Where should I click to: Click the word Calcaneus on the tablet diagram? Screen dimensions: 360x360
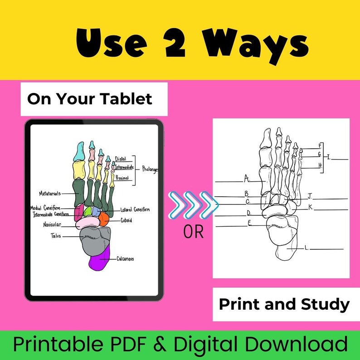125,259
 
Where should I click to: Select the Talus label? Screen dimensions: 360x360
56,236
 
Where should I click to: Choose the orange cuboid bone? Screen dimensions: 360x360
103,219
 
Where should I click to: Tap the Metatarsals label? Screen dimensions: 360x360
50,194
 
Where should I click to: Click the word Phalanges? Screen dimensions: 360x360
150,169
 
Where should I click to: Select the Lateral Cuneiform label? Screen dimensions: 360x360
135,209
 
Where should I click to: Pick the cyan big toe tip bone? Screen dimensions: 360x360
80,151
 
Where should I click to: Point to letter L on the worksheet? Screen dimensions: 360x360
307,248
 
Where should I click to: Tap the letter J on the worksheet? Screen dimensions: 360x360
310,196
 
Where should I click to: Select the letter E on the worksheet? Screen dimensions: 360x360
249,222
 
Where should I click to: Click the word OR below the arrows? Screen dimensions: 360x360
194,233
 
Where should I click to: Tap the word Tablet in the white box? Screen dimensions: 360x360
131,99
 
